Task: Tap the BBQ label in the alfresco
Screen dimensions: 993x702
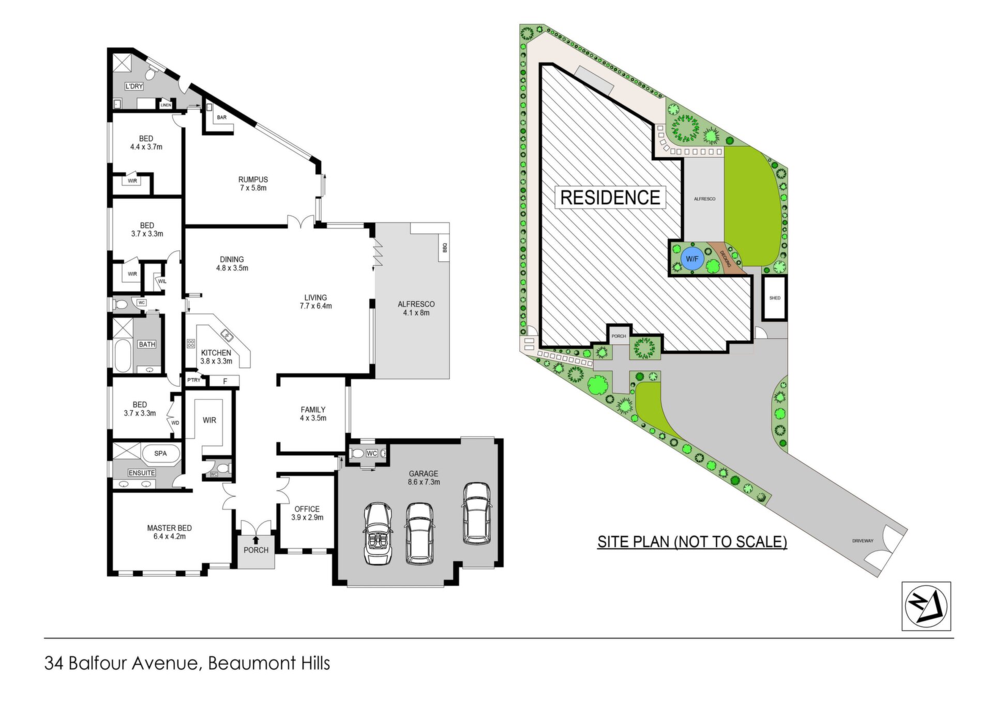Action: [444, 248]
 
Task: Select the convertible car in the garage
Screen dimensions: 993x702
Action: [378, 533]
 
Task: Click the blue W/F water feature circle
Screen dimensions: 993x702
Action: [692, 259]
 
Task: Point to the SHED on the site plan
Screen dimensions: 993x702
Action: [775, 298]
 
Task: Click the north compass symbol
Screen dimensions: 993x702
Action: [926, 606]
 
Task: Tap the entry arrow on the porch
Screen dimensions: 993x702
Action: [256, 540]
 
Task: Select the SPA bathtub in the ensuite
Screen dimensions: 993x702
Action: [160, 453]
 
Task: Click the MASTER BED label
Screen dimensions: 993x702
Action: [169, 528]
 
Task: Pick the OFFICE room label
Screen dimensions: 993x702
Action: [307, 509]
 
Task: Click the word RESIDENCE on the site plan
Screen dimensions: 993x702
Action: [610, 197]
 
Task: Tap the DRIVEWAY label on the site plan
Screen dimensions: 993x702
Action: [863, 541]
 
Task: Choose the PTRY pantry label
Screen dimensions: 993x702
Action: [194, 380]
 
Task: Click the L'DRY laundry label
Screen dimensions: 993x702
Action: [134, 86]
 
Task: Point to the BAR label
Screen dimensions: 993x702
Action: [222, 117]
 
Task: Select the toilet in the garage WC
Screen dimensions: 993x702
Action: [357, 454]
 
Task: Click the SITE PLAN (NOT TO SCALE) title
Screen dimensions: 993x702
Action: [692, 542]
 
